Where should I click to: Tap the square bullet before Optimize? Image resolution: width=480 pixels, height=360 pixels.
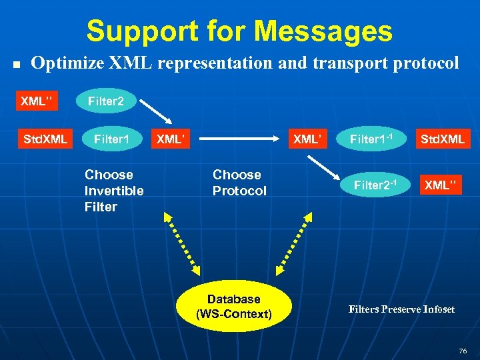pyautogui.click(x=18, y=65)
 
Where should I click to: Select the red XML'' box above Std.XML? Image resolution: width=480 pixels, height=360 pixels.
pyautogui.click(x=37, y=102)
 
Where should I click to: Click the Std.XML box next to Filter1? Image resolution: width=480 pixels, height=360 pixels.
pyautogui.click(x=45, y=139)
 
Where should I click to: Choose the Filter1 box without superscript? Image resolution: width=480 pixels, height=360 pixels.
pyautogui.click(x=110, y=139)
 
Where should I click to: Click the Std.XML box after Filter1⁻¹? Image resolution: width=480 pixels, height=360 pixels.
pyautogui.click(x=442, y=139)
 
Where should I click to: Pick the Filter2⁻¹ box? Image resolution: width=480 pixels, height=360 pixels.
pyautogui.click(x=374, y=185)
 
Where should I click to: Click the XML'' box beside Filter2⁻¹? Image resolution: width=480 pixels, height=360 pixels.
pyautogui.click(x=442, y=185)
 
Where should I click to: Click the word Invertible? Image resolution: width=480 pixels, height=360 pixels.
pyautogui.click(x=114, y=191)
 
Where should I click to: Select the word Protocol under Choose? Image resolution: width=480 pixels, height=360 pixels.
pyautogui.click(x=239, y=191)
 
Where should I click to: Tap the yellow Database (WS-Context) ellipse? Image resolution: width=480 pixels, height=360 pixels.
pyautogui.click(x=233, y=306)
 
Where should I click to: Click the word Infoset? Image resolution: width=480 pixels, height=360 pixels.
pyautogui.click(x=437, y=309)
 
